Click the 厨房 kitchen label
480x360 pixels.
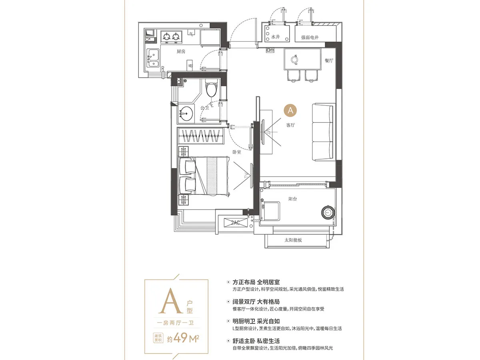(181, 52)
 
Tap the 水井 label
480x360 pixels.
(275, 37)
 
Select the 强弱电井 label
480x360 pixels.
(310, 37)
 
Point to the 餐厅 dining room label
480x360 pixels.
(329, 60)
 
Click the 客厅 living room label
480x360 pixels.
(290, 125)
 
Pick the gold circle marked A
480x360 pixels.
(290, 111)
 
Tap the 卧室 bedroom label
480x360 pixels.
(237, 152)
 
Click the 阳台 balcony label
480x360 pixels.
(292, 199)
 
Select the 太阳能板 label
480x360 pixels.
(293, 240)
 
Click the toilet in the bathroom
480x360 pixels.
(212, 88)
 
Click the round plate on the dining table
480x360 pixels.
(294, 60)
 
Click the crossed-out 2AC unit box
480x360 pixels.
(236, 222)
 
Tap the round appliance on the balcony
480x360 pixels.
(328, 212)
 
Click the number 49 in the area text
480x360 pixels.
(181, 338)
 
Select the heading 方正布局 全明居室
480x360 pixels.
(256, 282)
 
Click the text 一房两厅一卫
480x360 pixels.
(175, 323)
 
